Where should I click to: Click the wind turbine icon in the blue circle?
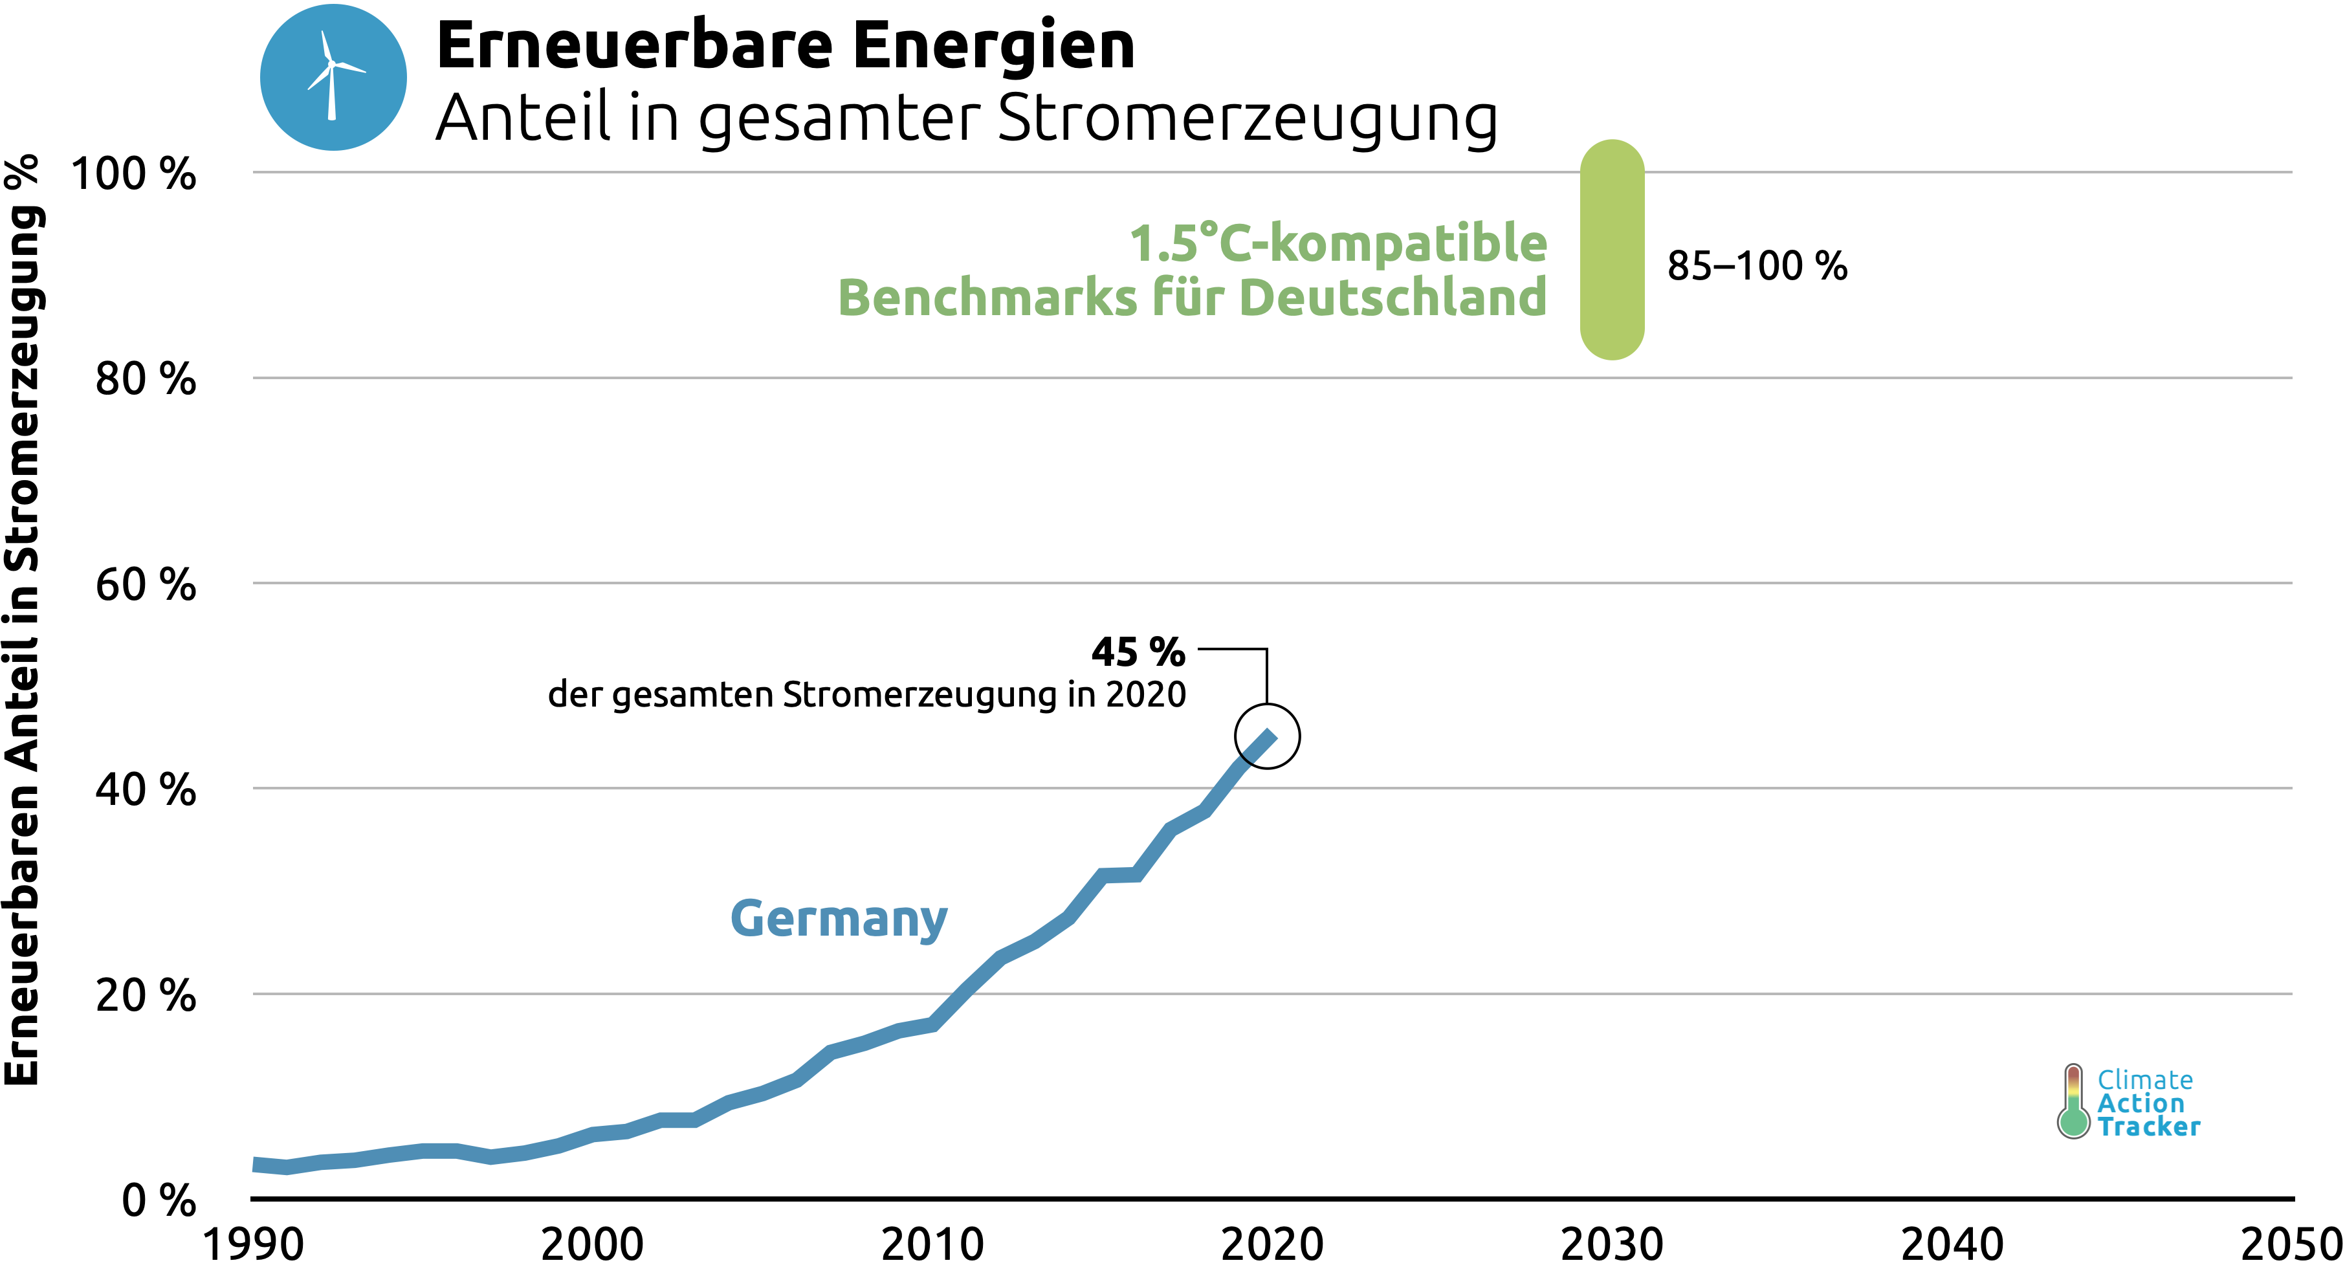(x=333, y=78)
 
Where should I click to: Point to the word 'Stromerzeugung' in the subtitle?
(x=1247, y=118)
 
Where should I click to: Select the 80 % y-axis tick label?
(x=146, y=379)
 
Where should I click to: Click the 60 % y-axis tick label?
(x=146, y=584)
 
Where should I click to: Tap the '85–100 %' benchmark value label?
(x=1757, y=266)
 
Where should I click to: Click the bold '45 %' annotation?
(x=1138, y=652)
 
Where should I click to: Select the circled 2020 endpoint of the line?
(x=1267, y=736)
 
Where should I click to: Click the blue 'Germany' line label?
(x=839, y=919)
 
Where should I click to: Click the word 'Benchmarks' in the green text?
(x=987, y=298)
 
